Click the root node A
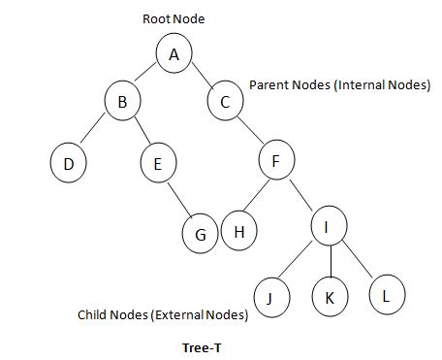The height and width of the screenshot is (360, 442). pyautogui.click(x=174, y=54)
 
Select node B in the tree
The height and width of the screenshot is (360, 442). pyautogui.click(x=122, y=101)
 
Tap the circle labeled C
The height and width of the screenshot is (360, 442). pyautogui.click(x=224, y=101)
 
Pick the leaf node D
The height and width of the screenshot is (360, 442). pyautogui.click(x=68, y=163)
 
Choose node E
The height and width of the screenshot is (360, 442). pyautogui.click(x=157, y=163)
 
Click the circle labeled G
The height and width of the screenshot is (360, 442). pyautogui.click(x=201, y=234)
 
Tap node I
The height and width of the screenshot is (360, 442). pyautogui.click(x=329, y=228)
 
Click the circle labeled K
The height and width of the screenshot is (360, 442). pyautogui.click(x=329, y=296)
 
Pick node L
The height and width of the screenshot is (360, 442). pyautogui.click(x=386, y=294)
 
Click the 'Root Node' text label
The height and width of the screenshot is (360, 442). pyautogui.click(x=174, y=18)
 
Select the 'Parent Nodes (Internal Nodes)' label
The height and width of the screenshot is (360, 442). pyautogui.click(x=339, y=85)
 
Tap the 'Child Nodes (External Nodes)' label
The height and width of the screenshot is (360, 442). pyautogui.click(x=163, y=315)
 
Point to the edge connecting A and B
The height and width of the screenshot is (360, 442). pyautogui.click(x=149, y=77)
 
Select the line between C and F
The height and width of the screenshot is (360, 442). pyautogui.click(x=249, y=131)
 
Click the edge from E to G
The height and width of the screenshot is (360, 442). pyautogui.click(x=178, y=198)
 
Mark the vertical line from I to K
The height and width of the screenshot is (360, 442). pyautogui.click(x=329, y=262)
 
